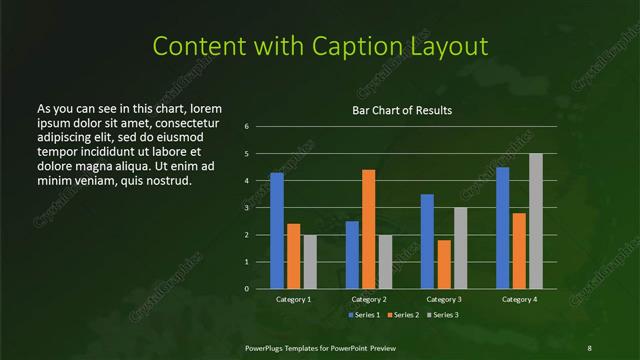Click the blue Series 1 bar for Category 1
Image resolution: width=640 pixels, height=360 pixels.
tap(276, 231)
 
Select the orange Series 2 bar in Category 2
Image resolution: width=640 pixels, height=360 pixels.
tap(368, 229)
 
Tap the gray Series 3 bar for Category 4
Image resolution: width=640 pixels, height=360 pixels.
tap(535, 221)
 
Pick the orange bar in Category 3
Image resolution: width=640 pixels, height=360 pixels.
tap(443, 264)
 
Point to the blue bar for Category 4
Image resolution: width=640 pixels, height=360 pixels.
tap(502, 228)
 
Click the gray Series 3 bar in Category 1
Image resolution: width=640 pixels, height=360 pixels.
tap(310, 262)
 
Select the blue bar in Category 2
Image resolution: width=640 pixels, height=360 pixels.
tap(352, 255)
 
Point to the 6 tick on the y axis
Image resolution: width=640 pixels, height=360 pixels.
tap(246, 127)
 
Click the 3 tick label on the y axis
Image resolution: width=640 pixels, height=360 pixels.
tap(246, 208)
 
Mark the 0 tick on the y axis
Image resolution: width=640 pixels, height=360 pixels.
tap(246, 289)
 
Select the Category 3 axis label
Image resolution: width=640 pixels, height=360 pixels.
tap(443, 299)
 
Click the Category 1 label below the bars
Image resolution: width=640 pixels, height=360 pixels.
tap(294, 299)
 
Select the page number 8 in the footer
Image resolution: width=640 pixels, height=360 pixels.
tap(589, 347)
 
